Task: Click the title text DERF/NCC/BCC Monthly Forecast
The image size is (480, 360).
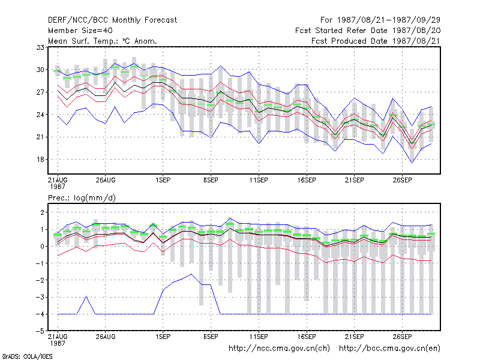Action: coord(112,20)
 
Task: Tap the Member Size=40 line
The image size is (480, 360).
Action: coord(80,31)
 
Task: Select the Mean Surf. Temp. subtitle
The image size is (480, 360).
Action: coord(103,41)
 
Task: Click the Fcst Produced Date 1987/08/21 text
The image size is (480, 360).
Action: coord(376,41)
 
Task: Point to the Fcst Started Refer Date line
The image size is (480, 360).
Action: coord(368,31)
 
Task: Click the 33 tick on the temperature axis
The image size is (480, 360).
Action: coord(40,47)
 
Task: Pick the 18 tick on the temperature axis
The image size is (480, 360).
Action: coord(40,160)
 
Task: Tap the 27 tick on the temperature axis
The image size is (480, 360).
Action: coord(40,92)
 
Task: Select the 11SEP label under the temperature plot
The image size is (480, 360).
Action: coord(259,180)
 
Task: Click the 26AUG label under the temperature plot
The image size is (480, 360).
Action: coord(106,180)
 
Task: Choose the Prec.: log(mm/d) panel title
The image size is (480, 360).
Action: coord(82,198)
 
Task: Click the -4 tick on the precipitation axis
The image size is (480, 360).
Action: coord(40,314)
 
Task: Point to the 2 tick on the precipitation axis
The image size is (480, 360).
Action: coord(42,212)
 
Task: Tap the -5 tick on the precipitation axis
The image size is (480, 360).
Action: coord(40,331)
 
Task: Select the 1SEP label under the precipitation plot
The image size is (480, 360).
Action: coord(163,337)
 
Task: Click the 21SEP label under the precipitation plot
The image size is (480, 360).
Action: coord(355,337)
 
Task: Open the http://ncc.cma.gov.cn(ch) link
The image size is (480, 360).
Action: coord(279,349)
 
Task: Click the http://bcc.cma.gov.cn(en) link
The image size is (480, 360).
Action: coord(389,349)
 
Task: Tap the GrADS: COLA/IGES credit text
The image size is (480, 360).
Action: coord(27,356)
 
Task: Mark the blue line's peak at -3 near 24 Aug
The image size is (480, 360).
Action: coord(86,296)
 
